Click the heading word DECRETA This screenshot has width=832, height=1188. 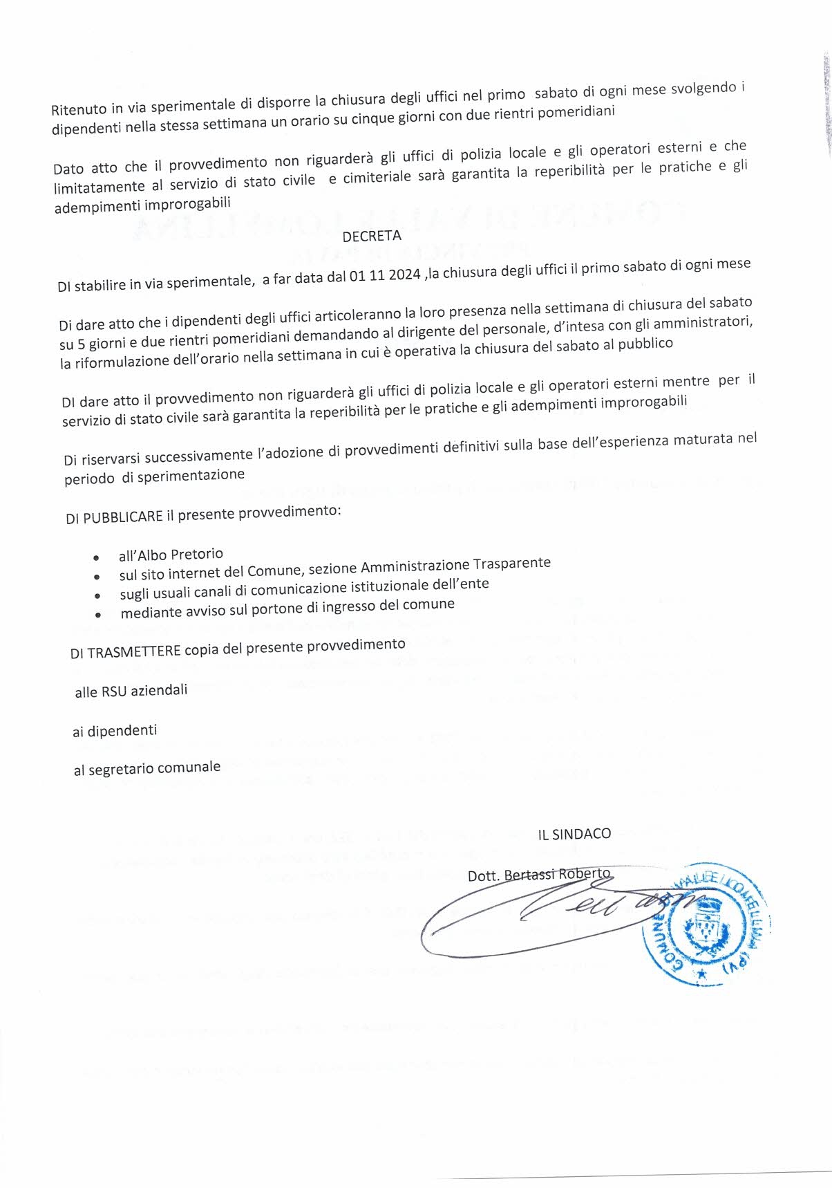[x=372, y=236]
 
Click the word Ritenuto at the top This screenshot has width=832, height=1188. [x=79, y=109]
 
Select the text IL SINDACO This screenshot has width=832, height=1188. [x=574, y=834]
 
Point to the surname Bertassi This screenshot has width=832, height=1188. [x=529, y=874]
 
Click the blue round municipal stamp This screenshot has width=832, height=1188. [x=706, y=923]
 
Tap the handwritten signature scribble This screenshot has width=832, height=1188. [x=553, y=916]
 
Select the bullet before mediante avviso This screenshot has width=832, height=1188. [x=99, y=614]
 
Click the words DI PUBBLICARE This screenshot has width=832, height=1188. [x=115, y=517]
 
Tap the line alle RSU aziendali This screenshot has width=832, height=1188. [x=131, y=690]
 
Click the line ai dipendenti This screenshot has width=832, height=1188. [x=115, y=730]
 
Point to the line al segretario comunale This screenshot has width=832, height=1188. [x=147, y=768]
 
